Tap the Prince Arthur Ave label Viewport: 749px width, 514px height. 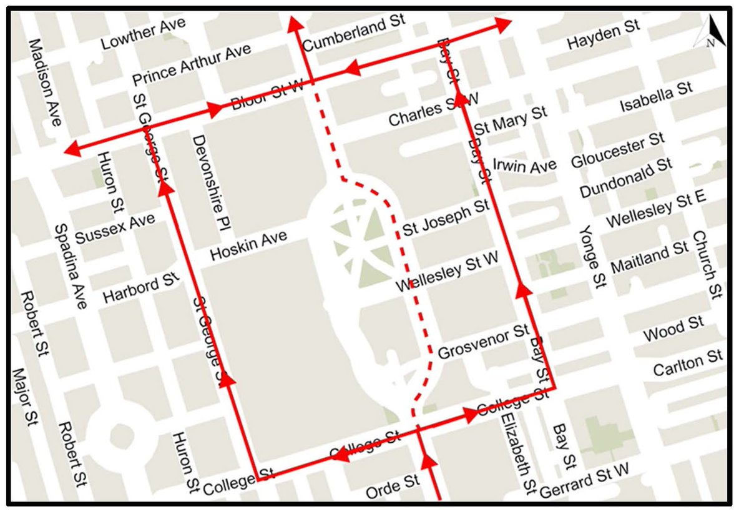192,66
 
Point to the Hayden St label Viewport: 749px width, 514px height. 603,36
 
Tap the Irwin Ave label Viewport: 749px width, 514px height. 524,166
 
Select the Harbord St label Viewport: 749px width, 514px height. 141,286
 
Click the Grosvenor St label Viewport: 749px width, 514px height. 483,343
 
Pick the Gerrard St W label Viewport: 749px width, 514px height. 584,481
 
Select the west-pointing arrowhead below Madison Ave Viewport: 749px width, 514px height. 72,149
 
